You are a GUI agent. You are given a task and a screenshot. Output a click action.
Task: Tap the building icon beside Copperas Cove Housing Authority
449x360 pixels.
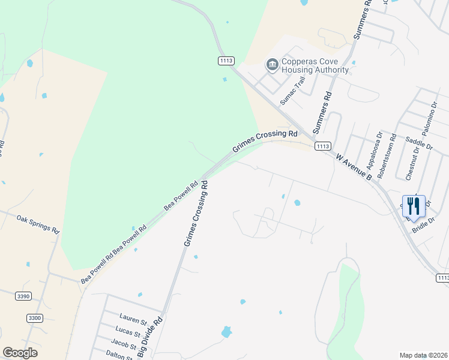point(272,64)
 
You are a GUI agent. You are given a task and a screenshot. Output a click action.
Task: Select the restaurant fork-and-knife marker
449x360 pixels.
point(413,206)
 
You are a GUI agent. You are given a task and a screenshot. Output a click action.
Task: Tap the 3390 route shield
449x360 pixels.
point(23,295)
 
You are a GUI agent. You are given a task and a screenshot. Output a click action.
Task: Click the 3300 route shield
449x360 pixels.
point(35,317)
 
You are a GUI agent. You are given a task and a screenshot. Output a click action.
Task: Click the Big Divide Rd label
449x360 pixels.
point(149,338)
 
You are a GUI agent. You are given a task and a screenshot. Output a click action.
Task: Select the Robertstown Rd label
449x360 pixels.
point(387,157)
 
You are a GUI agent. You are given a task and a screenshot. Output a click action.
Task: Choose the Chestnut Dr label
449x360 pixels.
point(412,163)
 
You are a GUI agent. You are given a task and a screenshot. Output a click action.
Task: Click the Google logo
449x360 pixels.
point(20,353)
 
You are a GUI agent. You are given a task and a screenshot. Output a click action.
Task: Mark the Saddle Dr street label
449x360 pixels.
point(419,142)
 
